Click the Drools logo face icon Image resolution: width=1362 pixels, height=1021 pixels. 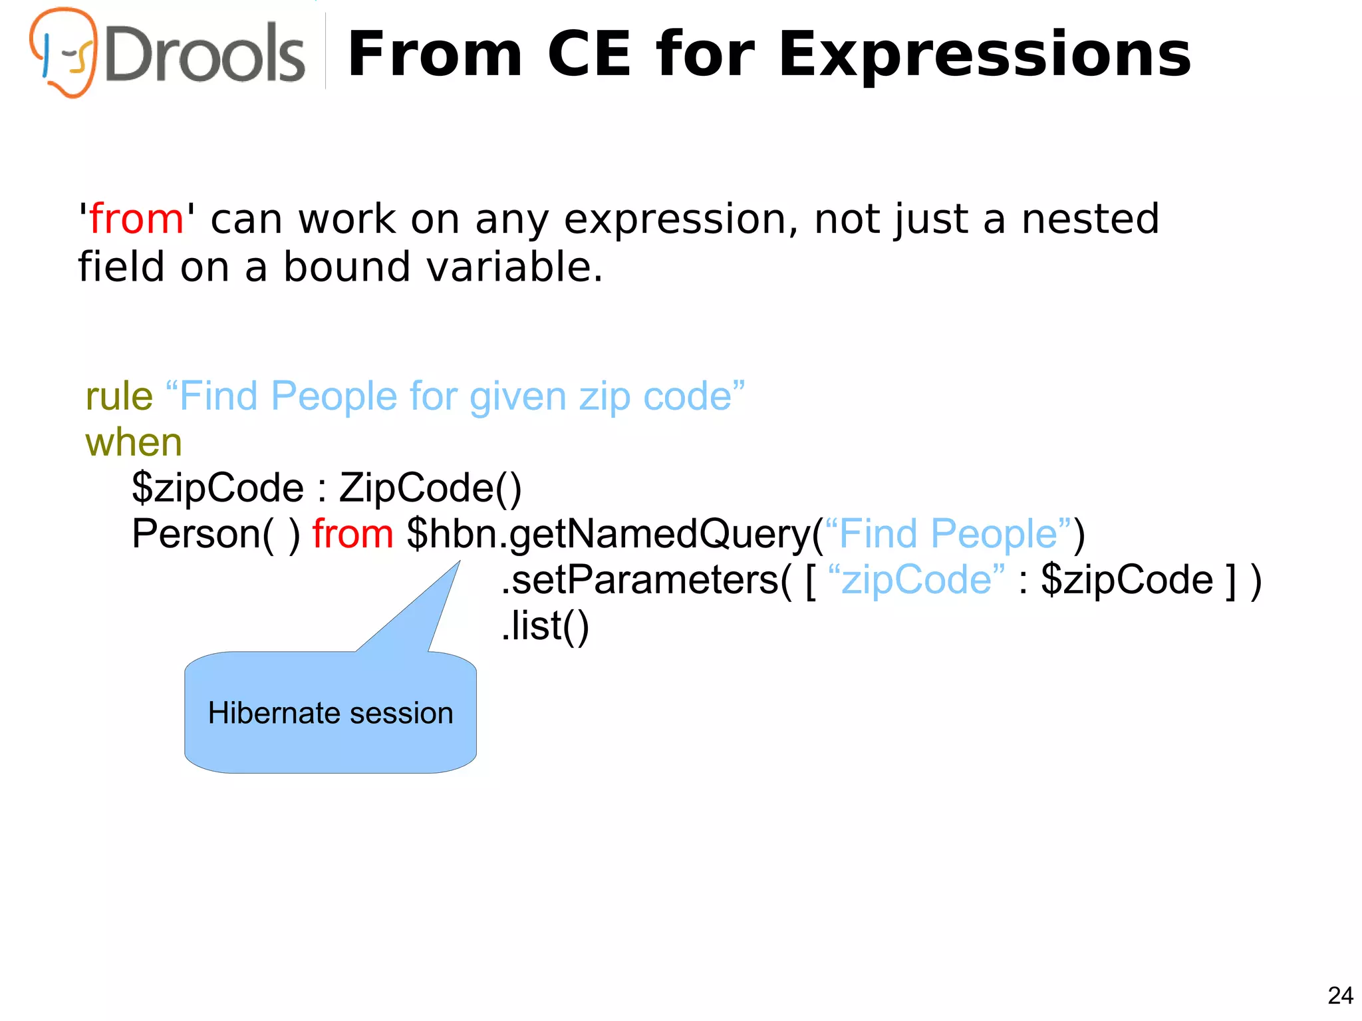64,52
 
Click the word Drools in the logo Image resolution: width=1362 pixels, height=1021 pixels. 205,53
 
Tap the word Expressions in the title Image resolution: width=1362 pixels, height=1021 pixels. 984,55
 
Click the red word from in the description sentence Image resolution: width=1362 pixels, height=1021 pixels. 136,219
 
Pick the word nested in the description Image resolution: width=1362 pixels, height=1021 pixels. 1091,219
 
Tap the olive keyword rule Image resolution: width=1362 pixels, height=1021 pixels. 119,396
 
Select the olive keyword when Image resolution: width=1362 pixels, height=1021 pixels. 134,442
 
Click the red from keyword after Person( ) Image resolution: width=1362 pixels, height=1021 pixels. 353,533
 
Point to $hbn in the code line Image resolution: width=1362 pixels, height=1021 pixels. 452,533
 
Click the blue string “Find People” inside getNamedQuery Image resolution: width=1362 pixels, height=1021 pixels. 947,533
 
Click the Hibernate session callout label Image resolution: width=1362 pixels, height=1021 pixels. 331,713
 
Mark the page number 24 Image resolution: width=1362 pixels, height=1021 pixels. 1340,996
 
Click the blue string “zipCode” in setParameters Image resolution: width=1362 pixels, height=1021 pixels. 917,579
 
